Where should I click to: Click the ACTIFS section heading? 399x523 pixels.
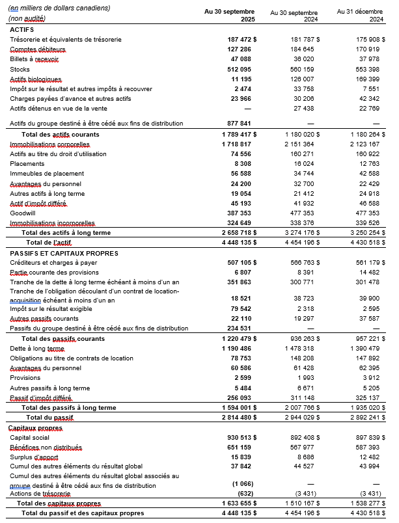[23, 30]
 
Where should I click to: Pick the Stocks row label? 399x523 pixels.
[20, 69]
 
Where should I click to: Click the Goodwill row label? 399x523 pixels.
[23, 213]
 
